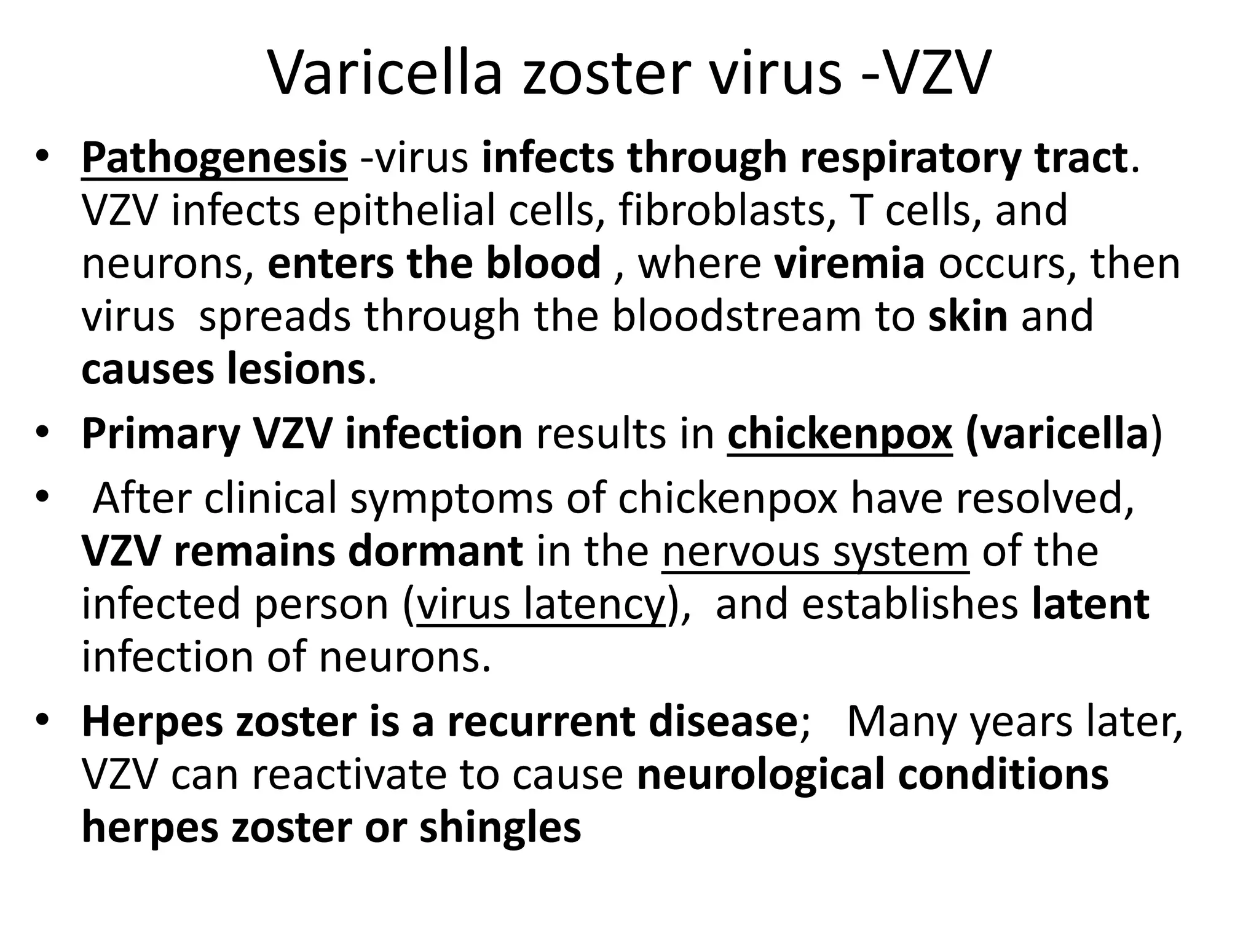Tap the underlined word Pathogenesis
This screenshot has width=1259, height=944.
tap(214, 159)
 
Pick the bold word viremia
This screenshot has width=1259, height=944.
tap(849, 263)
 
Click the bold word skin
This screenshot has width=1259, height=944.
tap(968, 316)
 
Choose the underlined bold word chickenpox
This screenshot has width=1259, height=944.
tap(840, 433)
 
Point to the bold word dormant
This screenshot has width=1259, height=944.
tap(435, 551)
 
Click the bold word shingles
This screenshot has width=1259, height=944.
tap(500, 827)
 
